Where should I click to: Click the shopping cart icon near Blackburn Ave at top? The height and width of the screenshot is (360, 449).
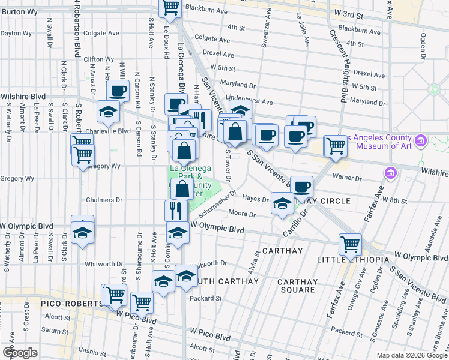pos(170,7)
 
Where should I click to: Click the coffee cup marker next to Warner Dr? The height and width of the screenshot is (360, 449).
pos(303,187)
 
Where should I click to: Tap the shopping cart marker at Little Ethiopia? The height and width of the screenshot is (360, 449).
pos(350,244)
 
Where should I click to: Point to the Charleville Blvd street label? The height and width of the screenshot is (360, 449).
pos(107,130)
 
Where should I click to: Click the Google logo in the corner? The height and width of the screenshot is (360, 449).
pos(20,353)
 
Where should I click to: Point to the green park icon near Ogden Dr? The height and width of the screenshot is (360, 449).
pos(433,90)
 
